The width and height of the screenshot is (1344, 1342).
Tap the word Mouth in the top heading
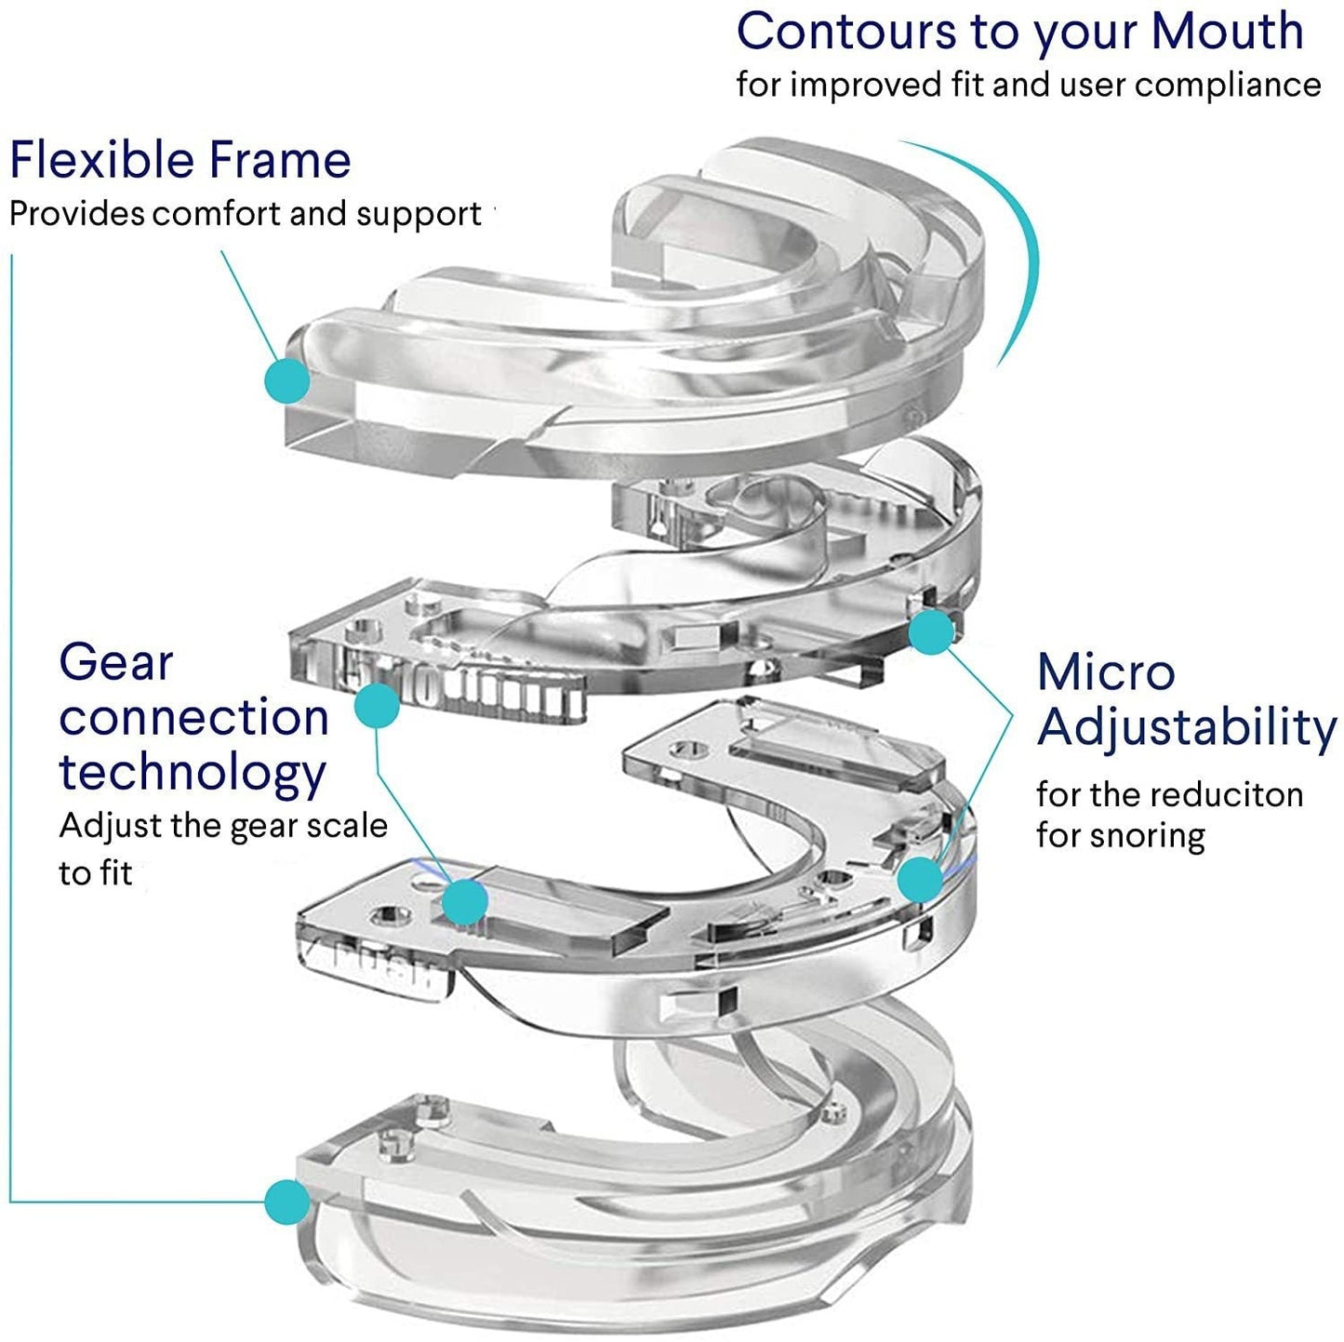pyautogui.click(x=1227, y=32)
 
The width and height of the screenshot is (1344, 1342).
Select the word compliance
pyautogui.click(x=1228, y=86)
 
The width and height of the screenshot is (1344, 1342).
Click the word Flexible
pyautogui.click(x=101, y=160)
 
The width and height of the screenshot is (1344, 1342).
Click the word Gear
pyautogui.click(x=116, y=664)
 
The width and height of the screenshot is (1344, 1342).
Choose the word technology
pyautogui.click(x=193, y=772)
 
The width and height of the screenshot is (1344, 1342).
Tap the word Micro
pyautogui.click(x=1106, y=672)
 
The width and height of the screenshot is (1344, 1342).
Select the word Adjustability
pyautogui.click(x=1187, y=728)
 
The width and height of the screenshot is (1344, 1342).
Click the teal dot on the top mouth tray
pyautogui.click(x=287, y=379)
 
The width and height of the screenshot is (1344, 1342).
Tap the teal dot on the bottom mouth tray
pyautogui.click(x=286, y=1202)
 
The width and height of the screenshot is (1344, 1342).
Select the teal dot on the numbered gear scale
pyautogui.click(x=377, y=705)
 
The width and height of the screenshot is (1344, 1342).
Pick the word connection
pyautogui.click(x=193, y=718)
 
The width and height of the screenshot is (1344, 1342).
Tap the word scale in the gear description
pyautogui.click(x=343, y=826)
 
